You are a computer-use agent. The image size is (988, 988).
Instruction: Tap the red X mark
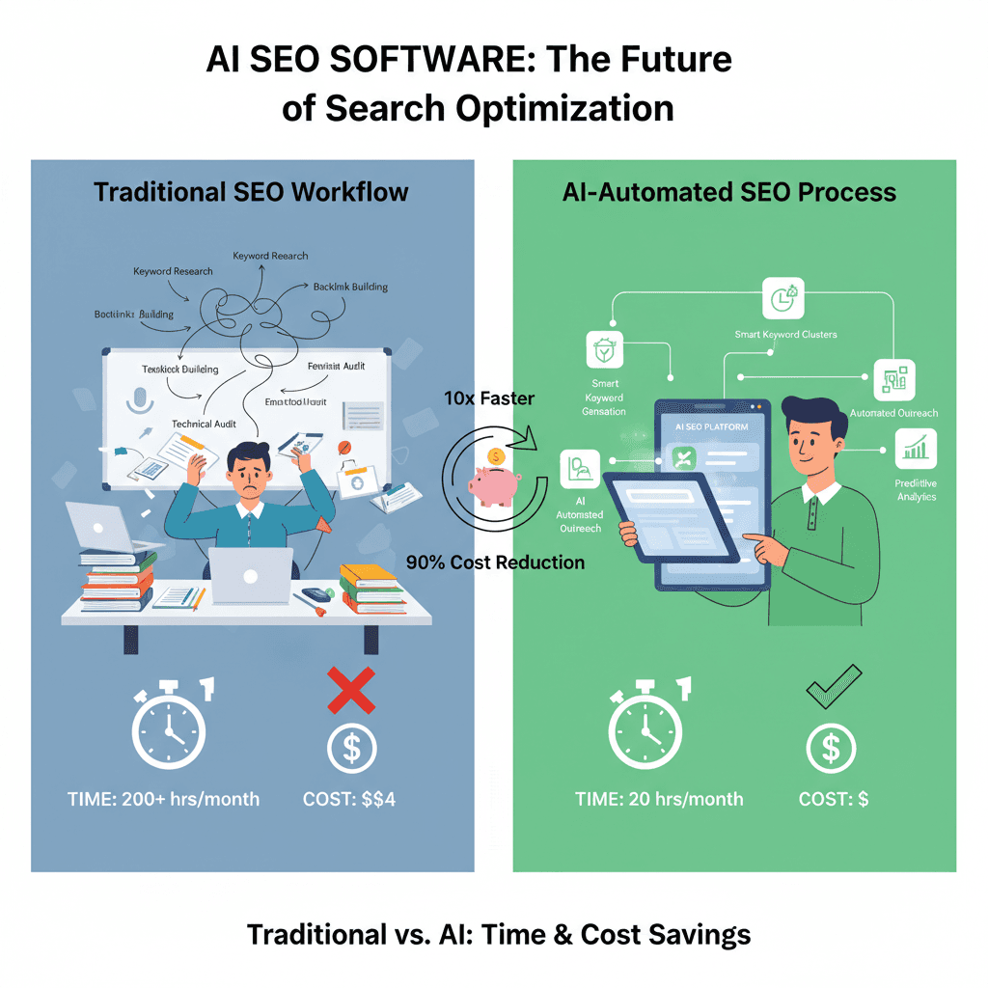point(351,692)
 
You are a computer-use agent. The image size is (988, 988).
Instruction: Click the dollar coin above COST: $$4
point(351,747)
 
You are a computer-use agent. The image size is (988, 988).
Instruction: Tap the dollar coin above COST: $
point(833,747)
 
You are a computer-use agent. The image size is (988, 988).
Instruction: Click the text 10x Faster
point(489,398)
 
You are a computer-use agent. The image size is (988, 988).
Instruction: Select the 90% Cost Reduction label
point(495,562)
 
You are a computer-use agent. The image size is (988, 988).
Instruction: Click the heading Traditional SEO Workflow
point(251,192)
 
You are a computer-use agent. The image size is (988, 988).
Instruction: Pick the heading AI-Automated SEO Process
point(728,192)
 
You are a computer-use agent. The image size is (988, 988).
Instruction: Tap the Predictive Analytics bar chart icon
point(915,448)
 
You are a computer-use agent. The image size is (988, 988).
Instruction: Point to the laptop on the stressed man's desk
point(250,576)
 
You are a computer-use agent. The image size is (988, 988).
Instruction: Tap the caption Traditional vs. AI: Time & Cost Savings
point(498,934)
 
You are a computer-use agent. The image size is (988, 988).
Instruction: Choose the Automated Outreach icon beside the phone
point(891,379)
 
